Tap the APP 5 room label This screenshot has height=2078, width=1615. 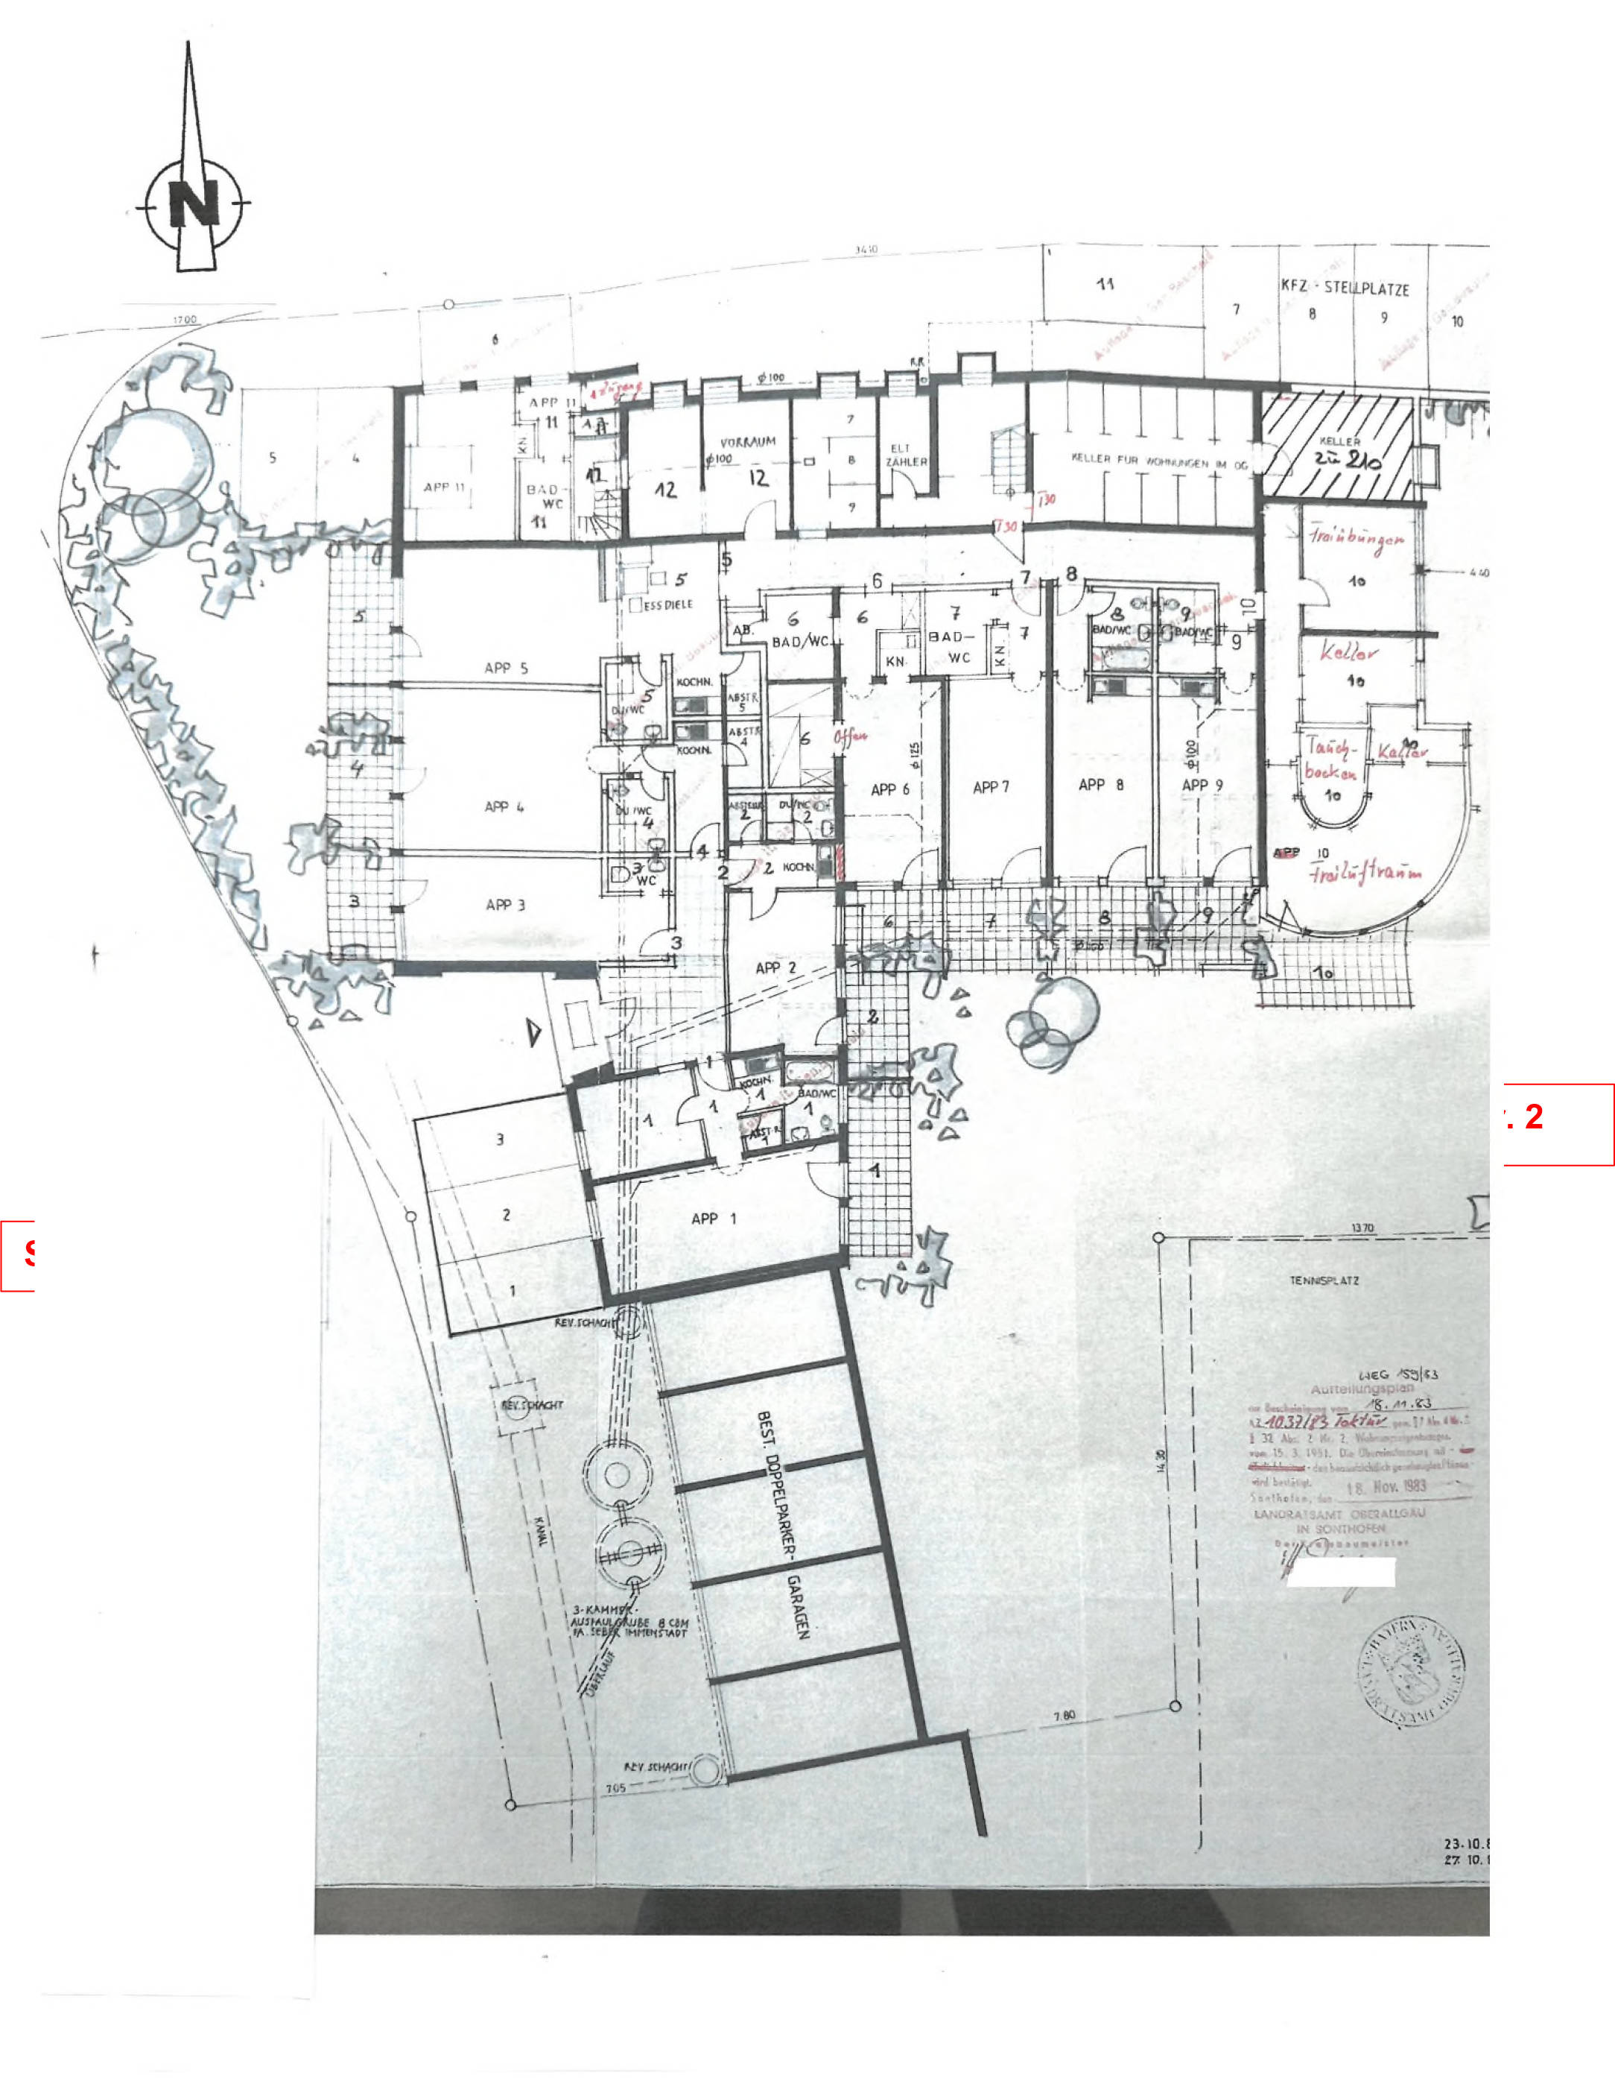(505, 668)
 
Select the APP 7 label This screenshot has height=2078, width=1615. (990, 787)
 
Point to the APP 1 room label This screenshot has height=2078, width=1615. (714, 1219)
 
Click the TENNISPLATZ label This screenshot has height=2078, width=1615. (1324, 1280)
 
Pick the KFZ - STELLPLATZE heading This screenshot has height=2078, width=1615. (1345, 288)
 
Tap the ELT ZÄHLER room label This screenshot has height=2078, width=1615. (900, 455)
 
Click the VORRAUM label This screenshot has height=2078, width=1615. (748, 443)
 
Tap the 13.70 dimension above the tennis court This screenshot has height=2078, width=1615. (1362, 1229)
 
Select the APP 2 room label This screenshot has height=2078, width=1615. (775, 967)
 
